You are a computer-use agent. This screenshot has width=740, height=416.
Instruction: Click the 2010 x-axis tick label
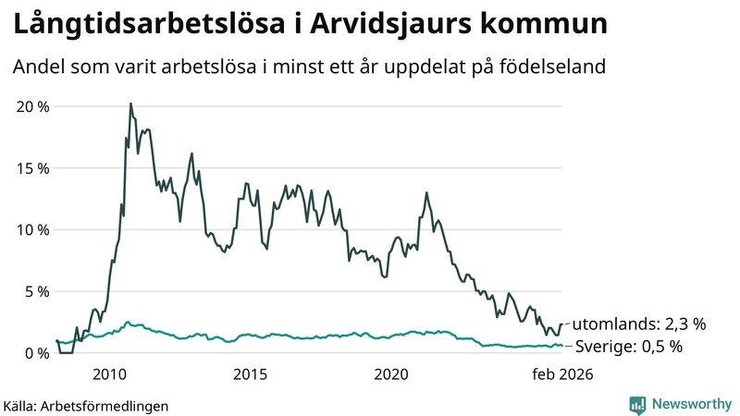coord(109,374)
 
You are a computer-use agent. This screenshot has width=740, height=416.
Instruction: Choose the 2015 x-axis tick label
coord(250,374)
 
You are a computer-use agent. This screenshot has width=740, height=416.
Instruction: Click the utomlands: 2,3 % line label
coord(639,324)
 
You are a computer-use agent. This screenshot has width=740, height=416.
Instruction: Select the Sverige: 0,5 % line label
coord(628,347)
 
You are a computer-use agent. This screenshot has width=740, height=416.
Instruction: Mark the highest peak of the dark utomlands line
coord(130,104)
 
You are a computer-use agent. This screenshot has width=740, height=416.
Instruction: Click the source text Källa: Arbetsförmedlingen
coord(86,405)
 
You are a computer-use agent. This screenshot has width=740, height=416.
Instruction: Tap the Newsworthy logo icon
coord(637,404)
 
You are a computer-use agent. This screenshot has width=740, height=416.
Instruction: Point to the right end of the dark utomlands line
coord(561,324)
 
